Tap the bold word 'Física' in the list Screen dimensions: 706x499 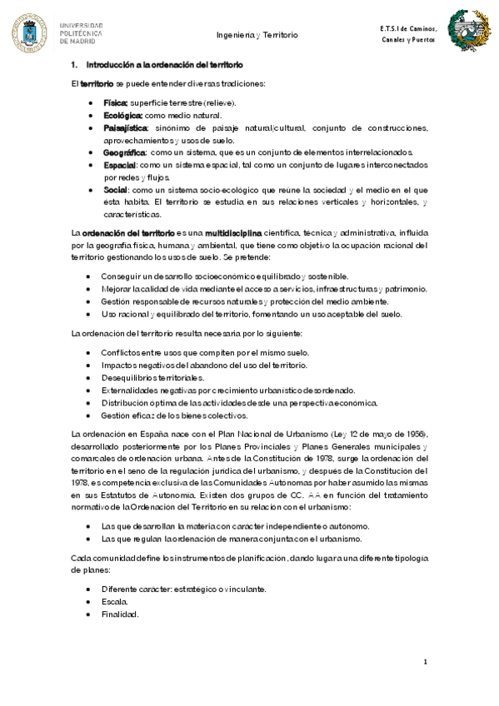(x=116, y=102)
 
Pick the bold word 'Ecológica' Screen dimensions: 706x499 (x=122, y=115)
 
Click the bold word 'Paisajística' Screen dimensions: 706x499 (x=126, y=128)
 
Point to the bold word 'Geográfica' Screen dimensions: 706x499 (x=125, y=152)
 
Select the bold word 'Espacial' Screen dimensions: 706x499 (x=120, y=165)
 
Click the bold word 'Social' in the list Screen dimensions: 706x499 (x=116, y=190)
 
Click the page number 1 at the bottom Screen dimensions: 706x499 (x=425, y=662)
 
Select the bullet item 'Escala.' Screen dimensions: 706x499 (x=114, y=601)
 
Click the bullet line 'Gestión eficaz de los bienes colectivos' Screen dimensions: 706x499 (x=174, y=415)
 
